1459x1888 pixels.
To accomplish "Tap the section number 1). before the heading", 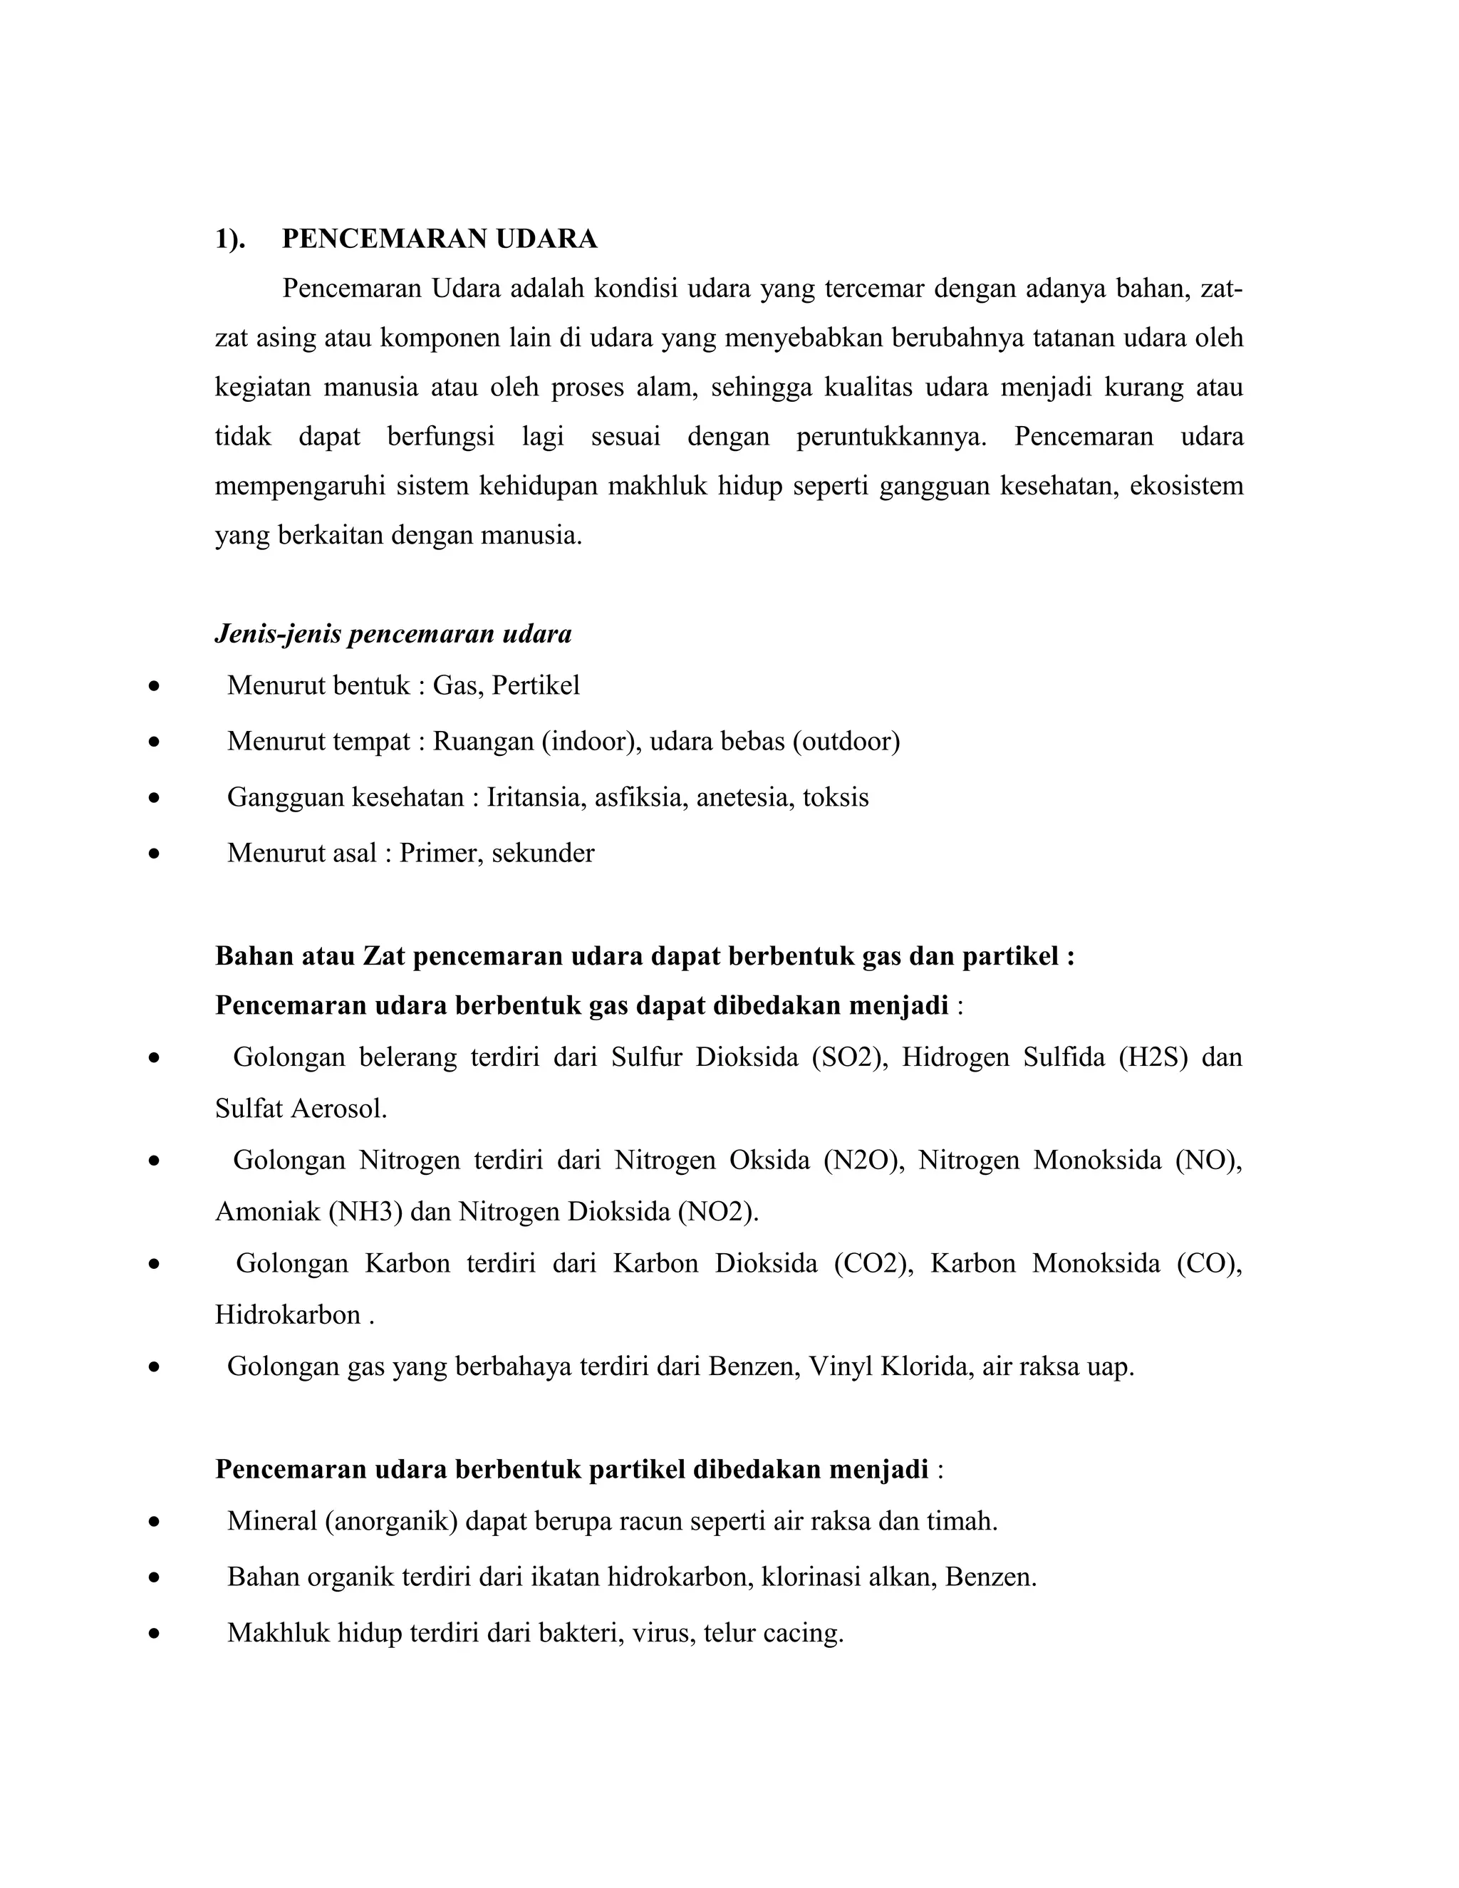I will pyautogui.click(x=230, y=239).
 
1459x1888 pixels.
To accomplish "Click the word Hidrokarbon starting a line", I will pyautogui.click(x=288, y=1315).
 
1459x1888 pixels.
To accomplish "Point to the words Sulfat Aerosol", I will pyautogui.click(x=300, y=1109).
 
